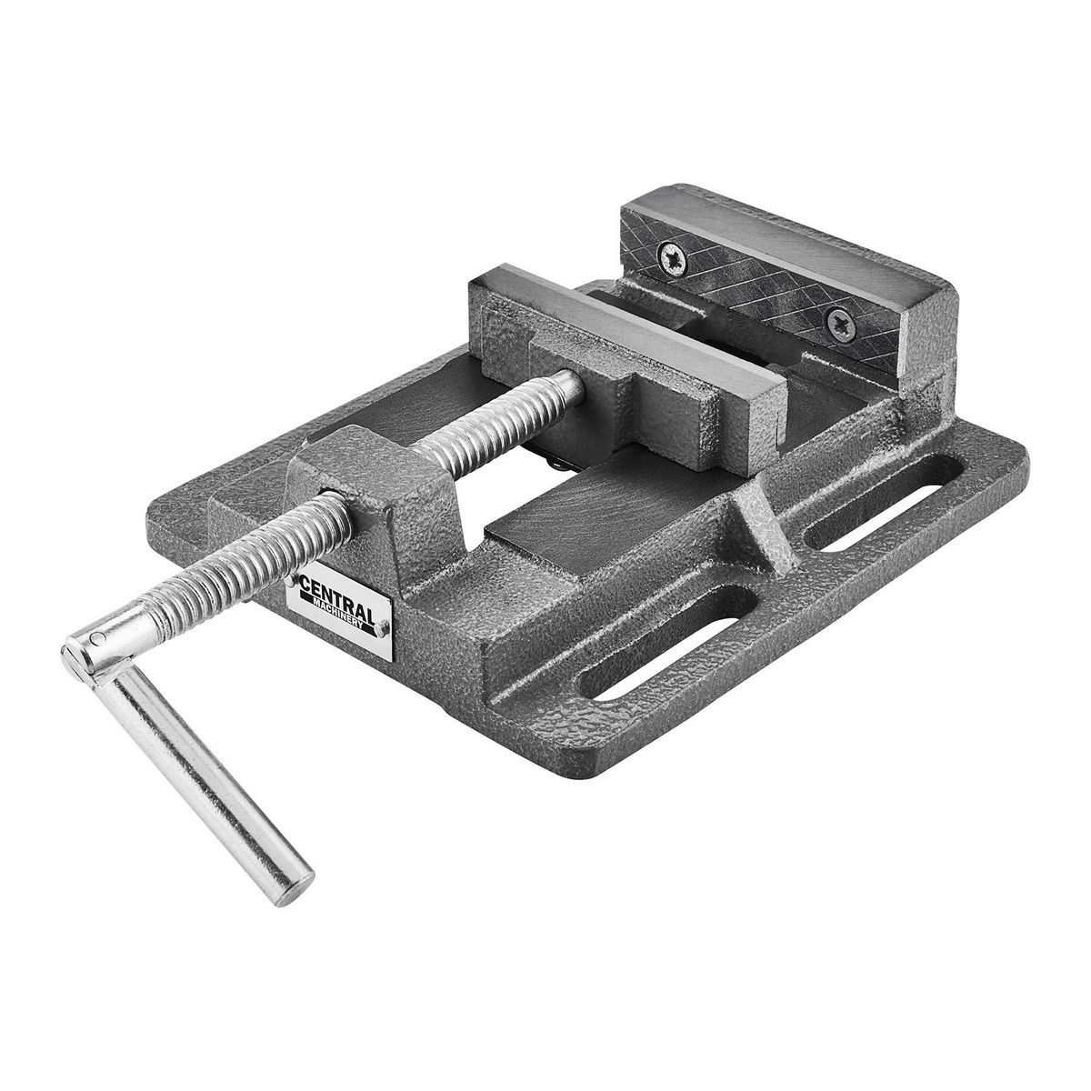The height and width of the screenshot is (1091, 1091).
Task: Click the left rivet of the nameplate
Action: pos(291,580)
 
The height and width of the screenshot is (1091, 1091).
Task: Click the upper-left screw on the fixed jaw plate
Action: pos(673,258)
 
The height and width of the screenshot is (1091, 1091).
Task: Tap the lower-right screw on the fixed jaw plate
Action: pos(840,324)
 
